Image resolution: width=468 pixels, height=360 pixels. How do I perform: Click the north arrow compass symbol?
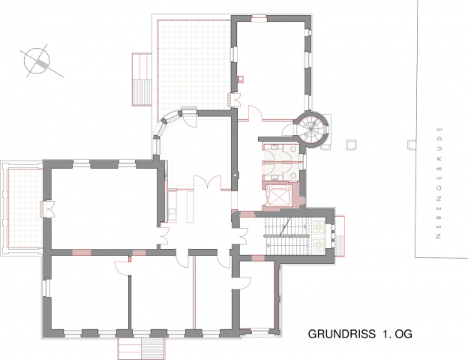click(x=37, y=61)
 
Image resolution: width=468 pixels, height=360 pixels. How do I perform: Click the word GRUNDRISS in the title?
click(x=342, y=334)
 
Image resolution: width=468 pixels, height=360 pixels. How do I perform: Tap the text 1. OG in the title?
click(x=397, y=334)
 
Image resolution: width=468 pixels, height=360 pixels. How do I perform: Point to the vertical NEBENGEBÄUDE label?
click(x=439, y=183)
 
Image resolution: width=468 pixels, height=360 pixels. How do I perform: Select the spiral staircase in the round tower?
click(x=310, y=129)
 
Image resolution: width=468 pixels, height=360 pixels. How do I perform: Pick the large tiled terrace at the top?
click(x=194, y=64)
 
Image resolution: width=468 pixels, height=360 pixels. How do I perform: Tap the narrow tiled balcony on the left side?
click(x=25, y=208)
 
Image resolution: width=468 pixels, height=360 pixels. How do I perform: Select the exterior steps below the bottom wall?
click(x=141, y=348)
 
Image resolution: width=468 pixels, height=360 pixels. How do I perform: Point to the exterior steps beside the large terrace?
click(x=142, y=79)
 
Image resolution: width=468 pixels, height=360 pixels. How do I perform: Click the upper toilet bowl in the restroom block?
click(x=294, y=148)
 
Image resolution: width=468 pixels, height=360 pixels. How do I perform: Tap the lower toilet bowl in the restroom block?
click(x=294, y=175)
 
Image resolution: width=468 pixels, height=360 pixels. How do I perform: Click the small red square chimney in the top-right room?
click(x=241, y=79)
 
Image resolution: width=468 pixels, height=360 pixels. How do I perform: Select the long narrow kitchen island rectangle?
click(x=190, y=207)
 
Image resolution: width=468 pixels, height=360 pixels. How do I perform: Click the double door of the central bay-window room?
click(x=208, y=182)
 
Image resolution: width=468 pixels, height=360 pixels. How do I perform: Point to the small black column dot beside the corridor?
click(x=235, y=175)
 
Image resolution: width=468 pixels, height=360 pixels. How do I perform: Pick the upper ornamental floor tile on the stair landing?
click(x=319, y=226)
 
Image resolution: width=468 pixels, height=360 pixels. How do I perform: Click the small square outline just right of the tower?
click(x=351, y=145)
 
